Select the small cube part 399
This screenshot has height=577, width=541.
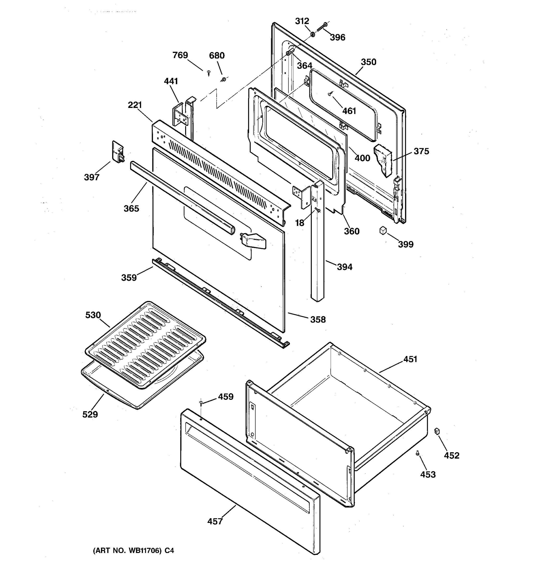pyautogui.click(x=383, y=231)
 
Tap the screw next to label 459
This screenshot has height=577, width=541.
pyautogui.click(x=201, y=402)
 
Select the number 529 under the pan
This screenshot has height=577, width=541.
pyautogui.click(x=90, y=414)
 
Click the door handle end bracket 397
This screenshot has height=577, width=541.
pyautogui.click(x=118, y=152)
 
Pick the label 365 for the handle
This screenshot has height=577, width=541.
pyautogui.click(x=131, y=208)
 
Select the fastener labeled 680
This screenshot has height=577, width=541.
pyautogui.click(x=223, y=79)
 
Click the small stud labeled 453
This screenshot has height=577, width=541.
pyautogui.click(x=418, y=453)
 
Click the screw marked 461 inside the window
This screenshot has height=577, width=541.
pyautogui.click(x=330, y=94)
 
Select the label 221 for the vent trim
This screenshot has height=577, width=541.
pyautogui.click(x=135, y=105)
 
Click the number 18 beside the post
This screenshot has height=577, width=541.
pyautogui.click(x=300, y=223)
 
